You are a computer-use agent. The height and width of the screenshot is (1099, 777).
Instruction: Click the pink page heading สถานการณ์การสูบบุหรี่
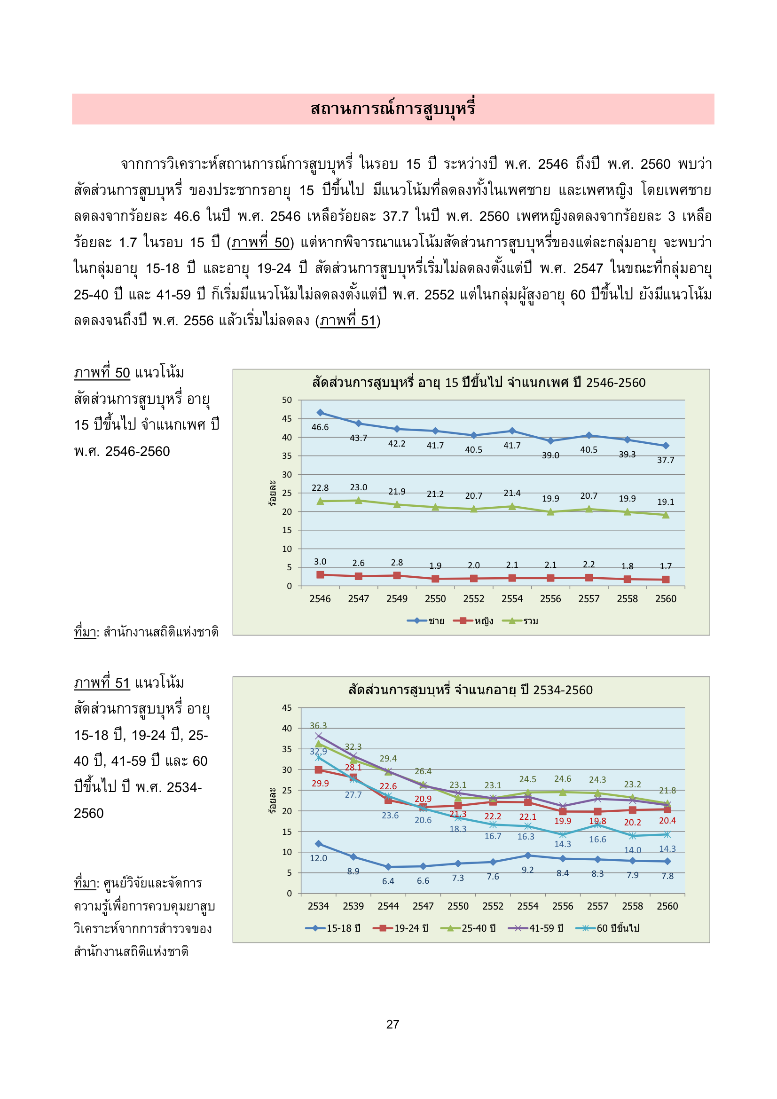[x=392, y=109]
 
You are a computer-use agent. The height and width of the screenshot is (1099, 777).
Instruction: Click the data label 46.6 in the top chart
[x=320, y=427]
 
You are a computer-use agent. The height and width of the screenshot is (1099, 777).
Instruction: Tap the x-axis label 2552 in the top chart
[x=473, y=599]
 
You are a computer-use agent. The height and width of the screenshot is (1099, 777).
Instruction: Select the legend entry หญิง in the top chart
[x=484, y=621]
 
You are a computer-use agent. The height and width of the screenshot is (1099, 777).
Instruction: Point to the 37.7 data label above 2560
[x=666, y=460]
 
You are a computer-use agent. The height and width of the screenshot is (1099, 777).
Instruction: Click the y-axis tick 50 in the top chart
[x=287, y=400]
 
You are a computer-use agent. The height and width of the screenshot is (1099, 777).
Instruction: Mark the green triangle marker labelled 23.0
[x=359, y=500]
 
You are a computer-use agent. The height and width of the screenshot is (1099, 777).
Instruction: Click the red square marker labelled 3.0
[x=320, y=574]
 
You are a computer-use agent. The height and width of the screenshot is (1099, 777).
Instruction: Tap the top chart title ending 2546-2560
[x=479, y=383]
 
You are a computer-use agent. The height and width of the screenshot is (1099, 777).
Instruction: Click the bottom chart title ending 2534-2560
[x=471, y=690]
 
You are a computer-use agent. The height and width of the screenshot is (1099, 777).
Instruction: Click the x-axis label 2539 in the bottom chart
[x=353, y=906]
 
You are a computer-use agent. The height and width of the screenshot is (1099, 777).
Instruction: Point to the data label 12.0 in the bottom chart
[x=318, y=858]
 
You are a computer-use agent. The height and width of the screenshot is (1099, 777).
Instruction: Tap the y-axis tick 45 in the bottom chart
[x=287, y=707]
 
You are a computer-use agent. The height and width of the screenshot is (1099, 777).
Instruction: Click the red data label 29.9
[x=320, y=784]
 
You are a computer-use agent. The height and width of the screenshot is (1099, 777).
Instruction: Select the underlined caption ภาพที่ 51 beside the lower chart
[x=102, y=683]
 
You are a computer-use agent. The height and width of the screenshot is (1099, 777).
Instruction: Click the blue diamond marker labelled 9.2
[x=527, y=856]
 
